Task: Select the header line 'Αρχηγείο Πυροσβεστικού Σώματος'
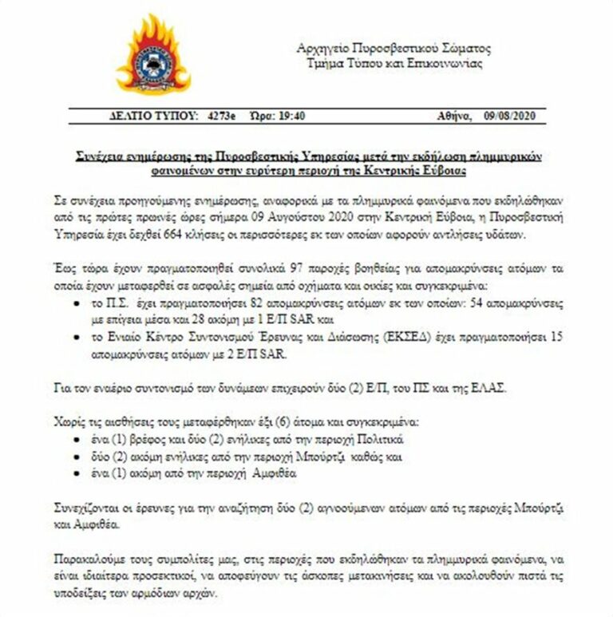pos(393,48)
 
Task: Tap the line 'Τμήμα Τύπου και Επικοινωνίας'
pos(394,63)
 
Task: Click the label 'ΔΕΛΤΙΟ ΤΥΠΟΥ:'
pos(152,116)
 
